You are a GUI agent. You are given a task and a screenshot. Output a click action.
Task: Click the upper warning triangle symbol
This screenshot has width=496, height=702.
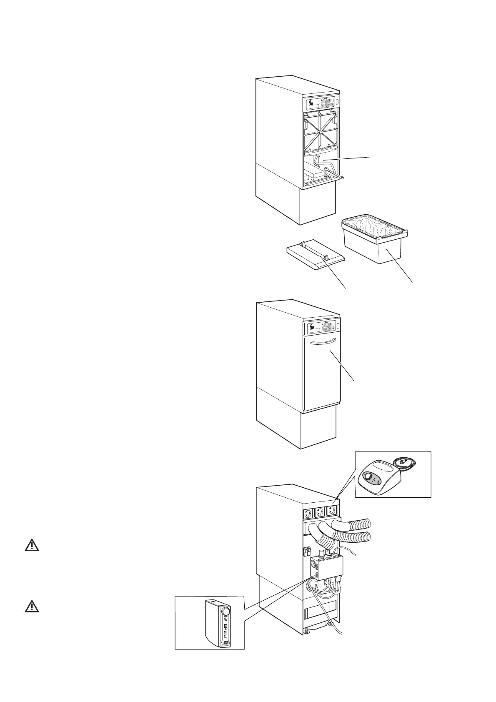32,546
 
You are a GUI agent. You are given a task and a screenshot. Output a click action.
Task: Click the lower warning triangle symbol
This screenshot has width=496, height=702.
32,607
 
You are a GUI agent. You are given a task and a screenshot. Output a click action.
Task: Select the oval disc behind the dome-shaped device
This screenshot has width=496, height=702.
403,461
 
